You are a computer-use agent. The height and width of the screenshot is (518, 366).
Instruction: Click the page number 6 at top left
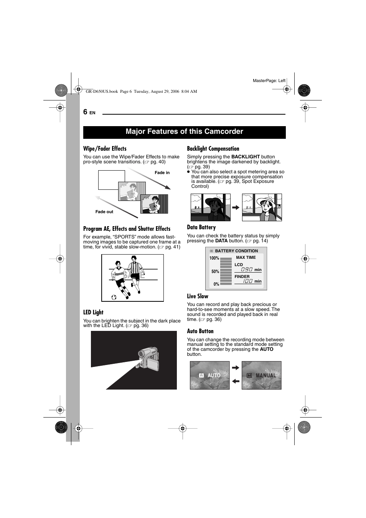86,112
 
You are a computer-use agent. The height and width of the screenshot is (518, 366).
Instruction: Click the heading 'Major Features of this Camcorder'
184,132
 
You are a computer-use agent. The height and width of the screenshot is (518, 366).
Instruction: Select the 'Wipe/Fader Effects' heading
105,149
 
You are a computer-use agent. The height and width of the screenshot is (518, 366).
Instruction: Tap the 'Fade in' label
162,173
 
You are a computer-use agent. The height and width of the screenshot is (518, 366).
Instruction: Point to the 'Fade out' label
104,212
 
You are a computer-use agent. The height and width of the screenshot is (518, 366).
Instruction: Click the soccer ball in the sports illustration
114,297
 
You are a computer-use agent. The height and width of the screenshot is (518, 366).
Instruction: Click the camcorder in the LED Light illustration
148,360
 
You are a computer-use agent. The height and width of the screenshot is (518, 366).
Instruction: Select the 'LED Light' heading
93,312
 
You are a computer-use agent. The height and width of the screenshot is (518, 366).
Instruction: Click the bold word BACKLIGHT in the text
246,157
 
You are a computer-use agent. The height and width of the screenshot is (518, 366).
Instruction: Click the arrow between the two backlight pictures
236,207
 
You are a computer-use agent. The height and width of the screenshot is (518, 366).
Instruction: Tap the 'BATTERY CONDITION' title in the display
236,251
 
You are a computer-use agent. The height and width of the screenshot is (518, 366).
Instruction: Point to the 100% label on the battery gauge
214,258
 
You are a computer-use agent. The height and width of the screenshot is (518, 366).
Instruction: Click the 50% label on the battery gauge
215,271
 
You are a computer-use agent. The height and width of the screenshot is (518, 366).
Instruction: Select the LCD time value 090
247,270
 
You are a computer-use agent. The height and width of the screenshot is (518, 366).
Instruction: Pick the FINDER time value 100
248,281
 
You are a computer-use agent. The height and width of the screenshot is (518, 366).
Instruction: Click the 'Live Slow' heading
198,296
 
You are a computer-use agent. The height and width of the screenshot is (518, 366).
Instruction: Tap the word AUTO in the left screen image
214,375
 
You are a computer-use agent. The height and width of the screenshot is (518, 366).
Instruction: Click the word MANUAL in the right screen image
266,375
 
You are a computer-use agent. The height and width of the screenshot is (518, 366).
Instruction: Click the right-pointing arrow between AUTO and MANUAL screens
236,368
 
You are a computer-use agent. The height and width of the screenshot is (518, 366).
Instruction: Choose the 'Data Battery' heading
201,227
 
